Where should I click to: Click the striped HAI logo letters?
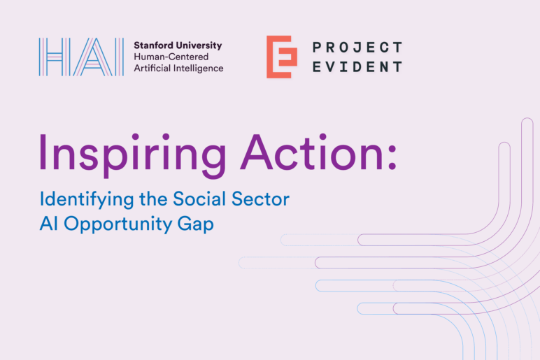coord(81,57)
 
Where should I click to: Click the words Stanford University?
coord(178,45)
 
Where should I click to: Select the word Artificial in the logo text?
coord(152,69)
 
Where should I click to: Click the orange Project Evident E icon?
coord(281,57)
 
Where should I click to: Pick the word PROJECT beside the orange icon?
coord(357,48)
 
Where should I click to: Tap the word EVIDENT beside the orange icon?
coord(357,67)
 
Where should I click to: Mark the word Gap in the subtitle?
coord(192,224)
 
